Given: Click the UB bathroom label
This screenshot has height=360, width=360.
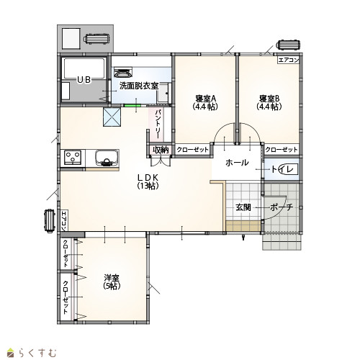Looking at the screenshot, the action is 84,80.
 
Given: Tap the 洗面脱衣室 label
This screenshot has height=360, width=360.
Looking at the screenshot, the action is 139,86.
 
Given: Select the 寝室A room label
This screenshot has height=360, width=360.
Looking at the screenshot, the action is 206,99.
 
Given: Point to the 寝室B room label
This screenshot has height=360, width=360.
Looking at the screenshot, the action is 269,99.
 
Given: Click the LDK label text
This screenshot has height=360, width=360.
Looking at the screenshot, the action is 148,177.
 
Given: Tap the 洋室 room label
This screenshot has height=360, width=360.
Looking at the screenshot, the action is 112,278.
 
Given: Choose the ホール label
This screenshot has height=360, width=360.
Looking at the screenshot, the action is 237,163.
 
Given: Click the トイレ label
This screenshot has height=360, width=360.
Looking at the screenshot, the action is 282,169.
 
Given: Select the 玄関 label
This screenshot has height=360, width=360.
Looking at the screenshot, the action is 243,207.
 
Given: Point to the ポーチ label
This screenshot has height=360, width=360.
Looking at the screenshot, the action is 282,207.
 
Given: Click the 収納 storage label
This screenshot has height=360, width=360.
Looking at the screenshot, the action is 161,150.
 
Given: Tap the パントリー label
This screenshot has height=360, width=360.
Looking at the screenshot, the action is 158,124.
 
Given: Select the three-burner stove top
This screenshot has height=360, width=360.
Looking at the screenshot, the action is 73,158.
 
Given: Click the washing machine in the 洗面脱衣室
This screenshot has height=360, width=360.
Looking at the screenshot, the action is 123,72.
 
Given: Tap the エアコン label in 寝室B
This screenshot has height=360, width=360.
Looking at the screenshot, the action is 289,60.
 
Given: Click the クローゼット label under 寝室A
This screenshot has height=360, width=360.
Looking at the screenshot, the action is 192,150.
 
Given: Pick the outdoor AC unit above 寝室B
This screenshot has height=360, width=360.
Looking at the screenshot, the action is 288,45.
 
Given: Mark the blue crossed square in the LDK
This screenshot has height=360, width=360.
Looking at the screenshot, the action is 112,117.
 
